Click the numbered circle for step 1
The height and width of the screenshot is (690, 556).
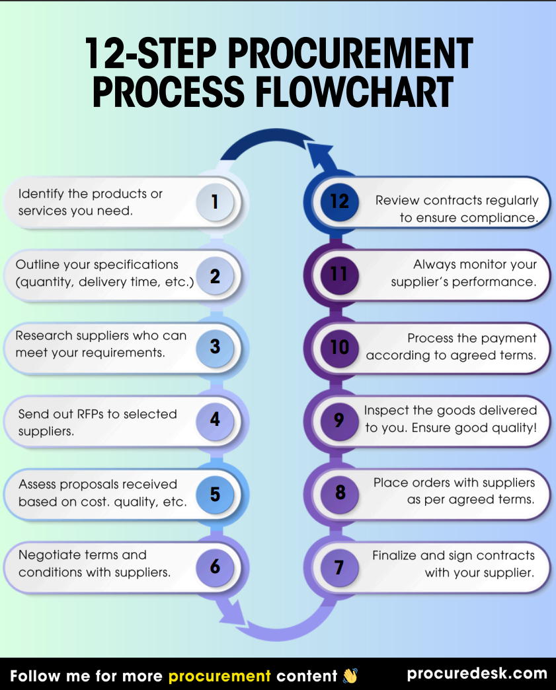(x=215, y=202)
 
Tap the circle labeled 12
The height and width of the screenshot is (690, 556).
(x=339, y=201)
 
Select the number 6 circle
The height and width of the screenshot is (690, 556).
(x=215, y=567)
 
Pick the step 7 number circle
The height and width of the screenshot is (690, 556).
(x=339, y=567)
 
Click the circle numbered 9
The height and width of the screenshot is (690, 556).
(x=339, y=420)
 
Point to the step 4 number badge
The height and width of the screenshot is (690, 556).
(x=215, y=420)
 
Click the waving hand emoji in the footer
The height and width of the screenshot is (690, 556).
(x=350, y=675)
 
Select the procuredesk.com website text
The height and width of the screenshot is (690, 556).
(x=477, y=674)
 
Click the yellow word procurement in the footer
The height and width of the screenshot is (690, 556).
(x=219, y=676)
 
